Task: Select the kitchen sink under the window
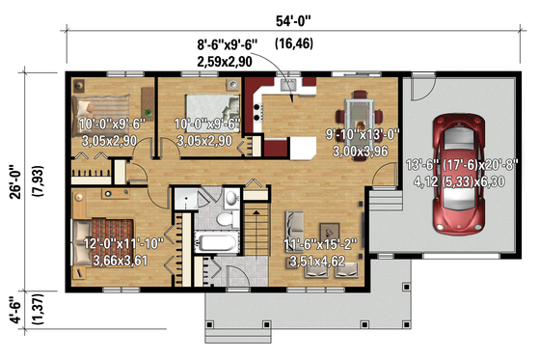click(286, 88)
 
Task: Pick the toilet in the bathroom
click(224, 219)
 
